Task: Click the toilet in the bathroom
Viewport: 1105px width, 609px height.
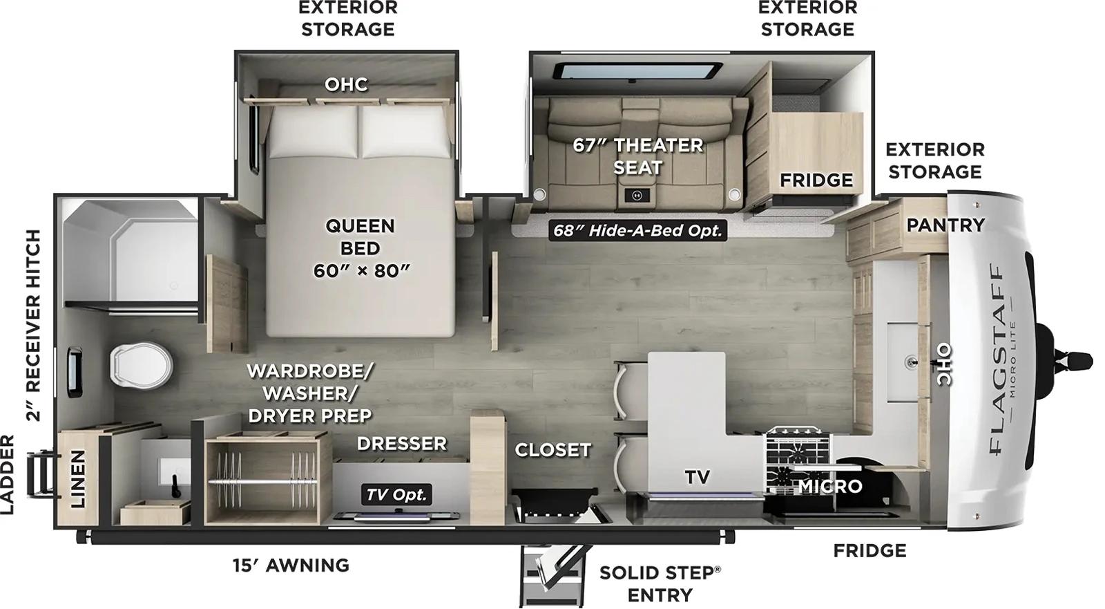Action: pos(140,364)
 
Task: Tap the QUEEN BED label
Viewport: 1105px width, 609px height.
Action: pos(360,248)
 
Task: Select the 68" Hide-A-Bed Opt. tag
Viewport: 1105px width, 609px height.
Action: pos(637,230)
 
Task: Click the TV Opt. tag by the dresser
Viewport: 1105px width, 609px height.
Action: pos(396,494)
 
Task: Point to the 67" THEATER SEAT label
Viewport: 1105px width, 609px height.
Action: pos(637,156)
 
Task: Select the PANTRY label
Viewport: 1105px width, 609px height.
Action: pos(945,225)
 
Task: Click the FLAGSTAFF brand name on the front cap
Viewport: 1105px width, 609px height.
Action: pos(997,359)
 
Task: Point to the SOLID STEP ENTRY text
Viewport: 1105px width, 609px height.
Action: pos(660,583)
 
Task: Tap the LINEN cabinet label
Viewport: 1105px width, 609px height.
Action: pos(77,478)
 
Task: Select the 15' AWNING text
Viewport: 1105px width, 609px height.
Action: pos(291,565)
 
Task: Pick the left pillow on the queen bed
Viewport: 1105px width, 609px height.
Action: pos(314,133)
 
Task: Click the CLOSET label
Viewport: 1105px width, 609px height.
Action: pos(552,450)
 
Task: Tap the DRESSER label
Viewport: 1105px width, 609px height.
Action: pos(402,444)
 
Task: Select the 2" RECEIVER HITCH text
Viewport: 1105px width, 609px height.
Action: pos(33,326)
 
